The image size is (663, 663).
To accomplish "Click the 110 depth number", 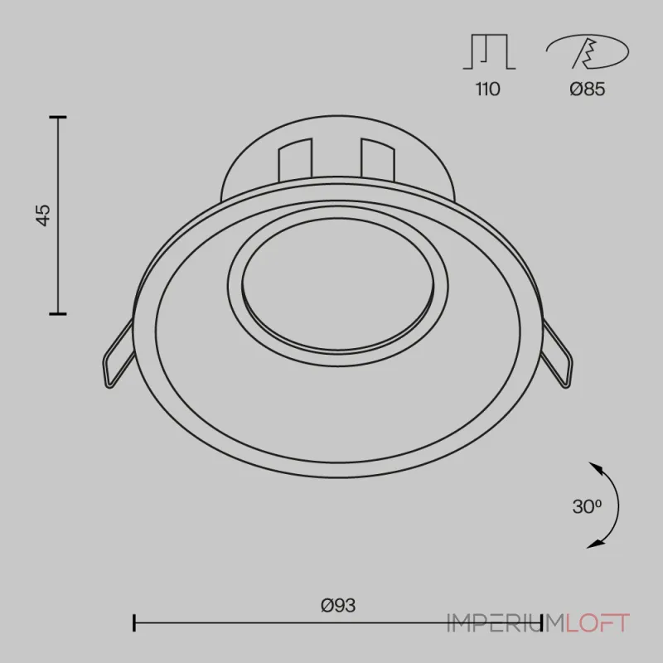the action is pos(487,90).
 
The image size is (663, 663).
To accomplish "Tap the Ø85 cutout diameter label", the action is pos(588,90).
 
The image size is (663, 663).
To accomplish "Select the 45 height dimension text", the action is pos(43,215).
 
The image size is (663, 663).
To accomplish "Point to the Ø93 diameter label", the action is pos(338,606).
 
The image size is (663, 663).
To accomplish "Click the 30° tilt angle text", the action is pos(587,506).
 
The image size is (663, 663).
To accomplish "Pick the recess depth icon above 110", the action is pos(489,51).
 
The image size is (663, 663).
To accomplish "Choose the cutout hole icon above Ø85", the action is pos(588,51).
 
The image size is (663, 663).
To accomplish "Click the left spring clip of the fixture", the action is pos(118,355).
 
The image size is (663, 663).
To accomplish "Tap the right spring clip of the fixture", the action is pos(558,355).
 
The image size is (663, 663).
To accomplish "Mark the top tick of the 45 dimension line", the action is pos(58,117).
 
